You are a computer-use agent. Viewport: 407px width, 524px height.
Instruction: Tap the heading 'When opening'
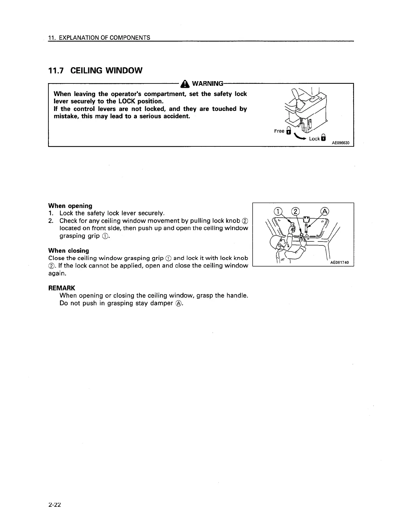point(70,206)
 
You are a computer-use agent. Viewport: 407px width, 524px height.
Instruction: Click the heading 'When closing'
point(69,250)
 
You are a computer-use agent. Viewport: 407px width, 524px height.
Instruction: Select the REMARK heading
point(62,288)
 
